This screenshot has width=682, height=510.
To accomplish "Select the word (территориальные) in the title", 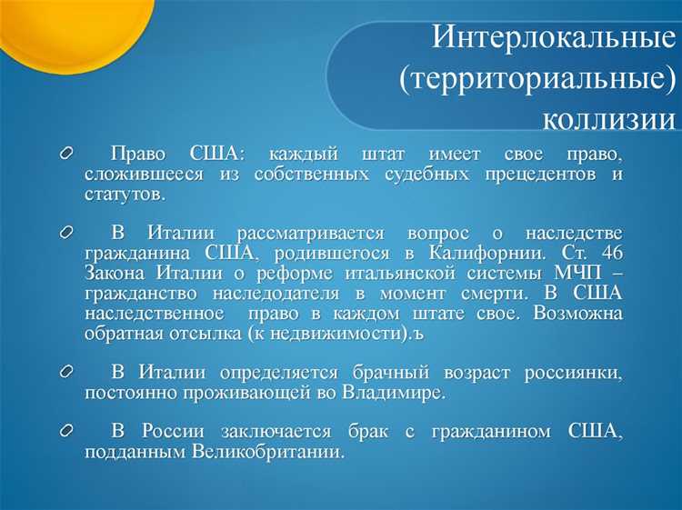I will (x=537, y=79).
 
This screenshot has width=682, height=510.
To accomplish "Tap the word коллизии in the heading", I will (x=608, y=118).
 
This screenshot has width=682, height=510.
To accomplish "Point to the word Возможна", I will (x=580, y=314).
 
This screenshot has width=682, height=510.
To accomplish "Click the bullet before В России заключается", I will (x=66, y=431).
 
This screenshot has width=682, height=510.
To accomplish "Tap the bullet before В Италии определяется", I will (x=66, y=373).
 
